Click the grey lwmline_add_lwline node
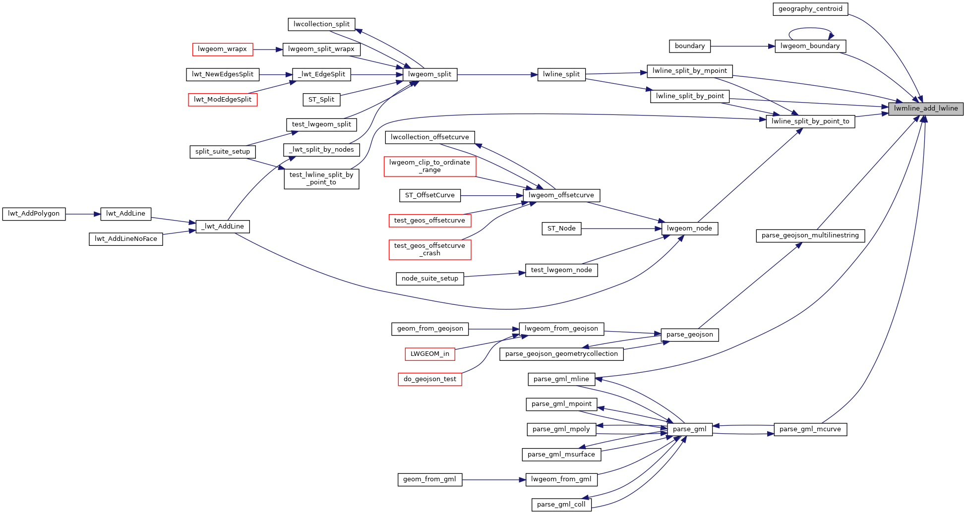click(x=925, y=109)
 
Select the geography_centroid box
click(x=810, y=9)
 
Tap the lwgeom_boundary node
click(x=810, y=46)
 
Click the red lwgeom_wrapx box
click(x=222, y=49)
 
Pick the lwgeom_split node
click(x=429, y=74)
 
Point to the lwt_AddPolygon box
click(x=34, y=214)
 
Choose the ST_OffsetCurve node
click(x=429, y=195)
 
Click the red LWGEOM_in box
click(x=429, y=354)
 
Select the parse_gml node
click(x=689, y=429)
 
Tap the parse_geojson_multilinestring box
click(x=810, y=235)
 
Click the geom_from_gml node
click(x=429, y=479)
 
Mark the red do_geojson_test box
click(x=429, y=379)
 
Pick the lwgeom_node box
click(x=689, y=228)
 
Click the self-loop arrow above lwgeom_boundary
click(x=810, y=28)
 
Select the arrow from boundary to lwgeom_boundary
click(x=742, y=46)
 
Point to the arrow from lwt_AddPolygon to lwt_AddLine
click(x=83, y=214)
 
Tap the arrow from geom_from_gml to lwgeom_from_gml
click(x=493, y=480)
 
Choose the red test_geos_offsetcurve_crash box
click(x=429, y=249)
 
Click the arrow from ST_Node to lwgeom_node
click(x=621, y=228)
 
